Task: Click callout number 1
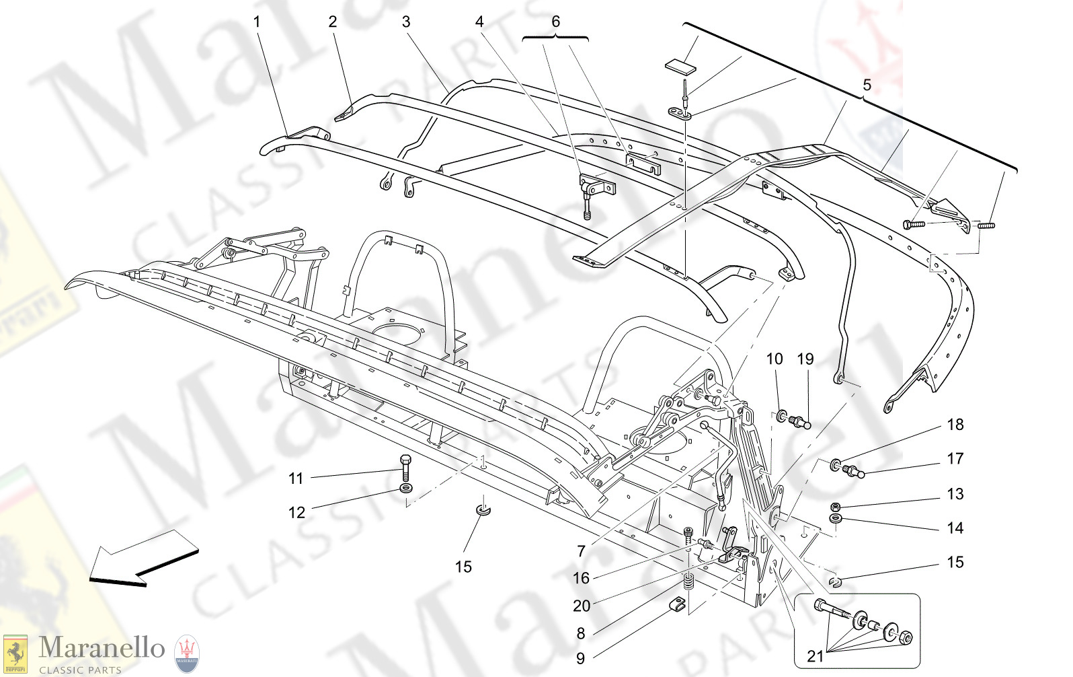(x=256, y=22)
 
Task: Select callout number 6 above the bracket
(x=555, y=22)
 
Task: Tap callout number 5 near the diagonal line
(x=867, y=85)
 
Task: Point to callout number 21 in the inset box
(x=815, y=656)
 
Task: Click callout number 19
(x=805, y=359)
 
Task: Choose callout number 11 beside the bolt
(x=296, y=478)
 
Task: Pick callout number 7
(x=582, y=551)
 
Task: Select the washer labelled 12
(x=406, y=487)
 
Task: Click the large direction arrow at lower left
(x=144, y=558)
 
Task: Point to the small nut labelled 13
(x=835, y=506)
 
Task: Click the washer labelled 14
(x=836, y=519)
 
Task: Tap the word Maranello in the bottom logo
(x=102, y=647)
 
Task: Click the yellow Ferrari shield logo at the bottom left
(x=15, y=653)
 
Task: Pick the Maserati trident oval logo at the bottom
(x=187, y=654)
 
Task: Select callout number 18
(x=955, y=425)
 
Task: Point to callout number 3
(x=406, y=22)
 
